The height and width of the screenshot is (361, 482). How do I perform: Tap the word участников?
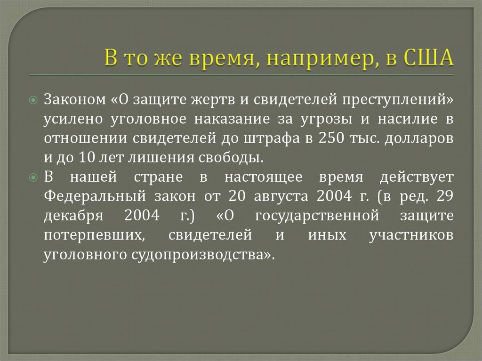(412, 235)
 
